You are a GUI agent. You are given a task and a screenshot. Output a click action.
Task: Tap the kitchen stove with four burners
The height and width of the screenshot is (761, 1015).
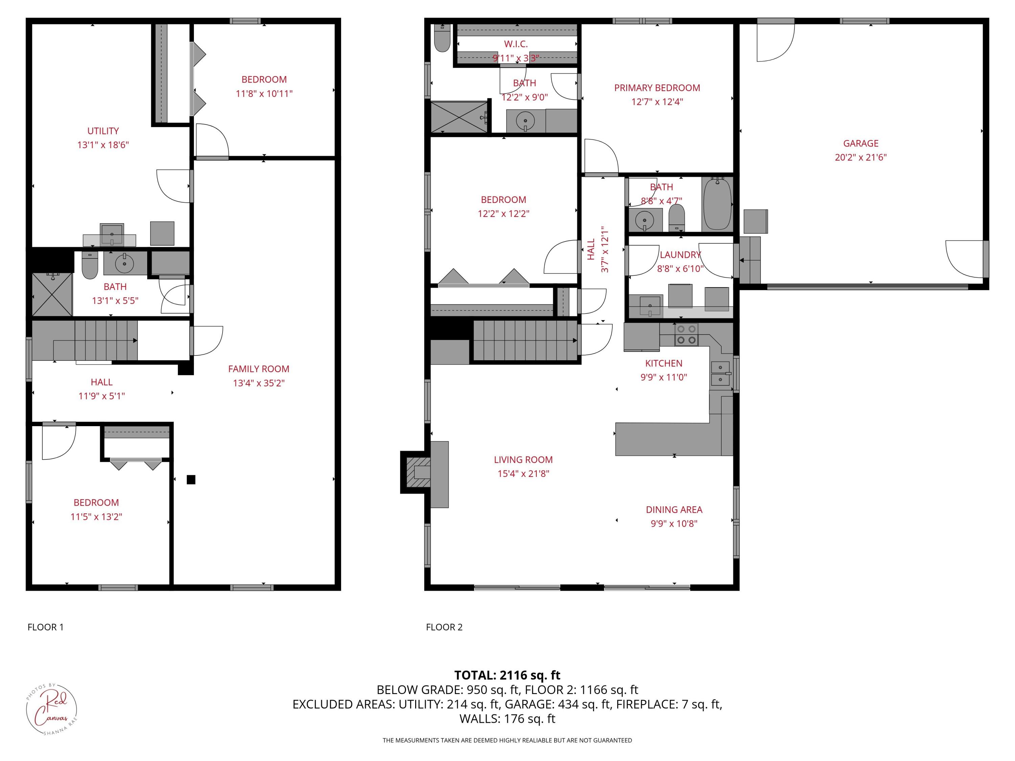(686, 335)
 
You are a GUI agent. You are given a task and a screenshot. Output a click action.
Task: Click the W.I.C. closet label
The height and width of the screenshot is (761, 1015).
(516, 44)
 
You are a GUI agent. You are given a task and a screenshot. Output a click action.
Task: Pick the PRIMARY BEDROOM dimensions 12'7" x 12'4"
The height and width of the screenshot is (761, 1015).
(657, 102)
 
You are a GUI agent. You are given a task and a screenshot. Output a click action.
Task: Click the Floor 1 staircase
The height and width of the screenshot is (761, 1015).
(96, 340)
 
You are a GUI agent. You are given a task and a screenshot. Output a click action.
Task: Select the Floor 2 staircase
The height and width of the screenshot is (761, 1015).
(525, 340)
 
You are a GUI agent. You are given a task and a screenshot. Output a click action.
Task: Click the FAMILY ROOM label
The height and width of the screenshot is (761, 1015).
(258, 369)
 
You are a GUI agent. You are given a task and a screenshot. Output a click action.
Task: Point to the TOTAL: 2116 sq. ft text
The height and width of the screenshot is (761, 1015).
(507, 675)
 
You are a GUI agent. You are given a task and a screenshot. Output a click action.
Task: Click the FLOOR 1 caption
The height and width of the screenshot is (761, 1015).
(45, 627)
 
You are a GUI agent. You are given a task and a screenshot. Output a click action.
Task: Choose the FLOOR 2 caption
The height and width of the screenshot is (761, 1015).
(444, 627)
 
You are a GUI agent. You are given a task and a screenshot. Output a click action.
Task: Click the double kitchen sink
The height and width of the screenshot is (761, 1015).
(720, 373)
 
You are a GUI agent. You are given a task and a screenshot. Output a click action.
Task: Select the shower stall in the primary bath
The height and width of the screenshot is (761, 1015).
(459, 117)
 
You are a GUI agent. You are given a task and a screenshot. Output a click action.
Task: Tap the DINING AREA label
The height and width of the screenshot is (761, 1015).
(674, 510)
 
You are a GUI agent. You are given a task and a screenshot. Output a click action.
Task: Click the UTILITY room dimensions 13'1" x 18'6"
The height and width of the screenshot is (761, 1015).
(103, 145)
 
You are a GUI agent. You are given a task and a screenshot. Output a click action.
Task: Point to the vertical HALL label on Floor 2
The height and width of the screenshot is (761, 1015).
(591, 249)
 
